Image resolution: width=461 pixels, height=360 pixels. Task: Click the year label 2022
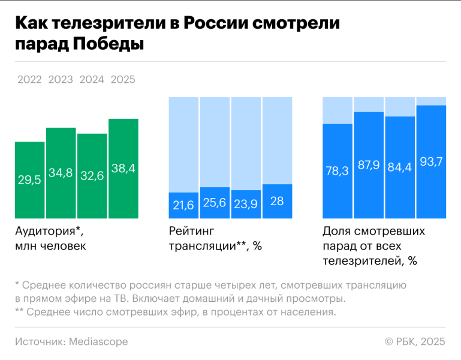pos(29,80)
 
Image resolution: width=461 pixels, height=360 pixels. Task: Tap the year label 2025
pos(123,80)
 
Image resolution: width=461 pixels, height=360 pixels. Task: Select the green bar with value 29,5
pos(29,180)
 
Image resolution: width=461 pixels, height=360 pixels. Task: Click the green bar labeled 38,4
pos(123,169)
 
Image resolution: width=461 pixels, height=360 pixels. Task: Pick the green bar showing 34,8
pos(61,173)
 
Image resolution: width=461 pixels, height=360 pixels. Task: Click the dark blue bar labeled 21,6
pos(183,205)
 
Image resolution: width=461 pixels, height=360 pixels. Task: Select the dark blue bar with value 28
pos(278,201)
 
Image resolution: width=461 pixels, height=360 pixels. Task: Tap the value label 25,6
pos(215,203)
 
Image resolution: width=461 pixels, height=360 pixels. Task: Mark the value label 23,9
pos(246,204)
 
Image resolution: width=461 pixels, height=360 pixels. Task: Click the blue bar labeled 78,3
pos(338,171)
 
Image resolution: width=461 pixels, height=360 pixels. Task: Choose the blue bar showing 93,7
pos(431,162)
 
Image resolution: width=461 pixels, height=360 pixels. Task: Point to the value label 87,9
pos(369,165)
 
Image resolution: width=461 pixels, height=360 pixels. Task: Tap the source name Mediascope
pos(98,341)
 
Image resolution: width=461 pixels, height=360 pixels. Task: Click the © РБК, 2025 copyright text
pos(415,341)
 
